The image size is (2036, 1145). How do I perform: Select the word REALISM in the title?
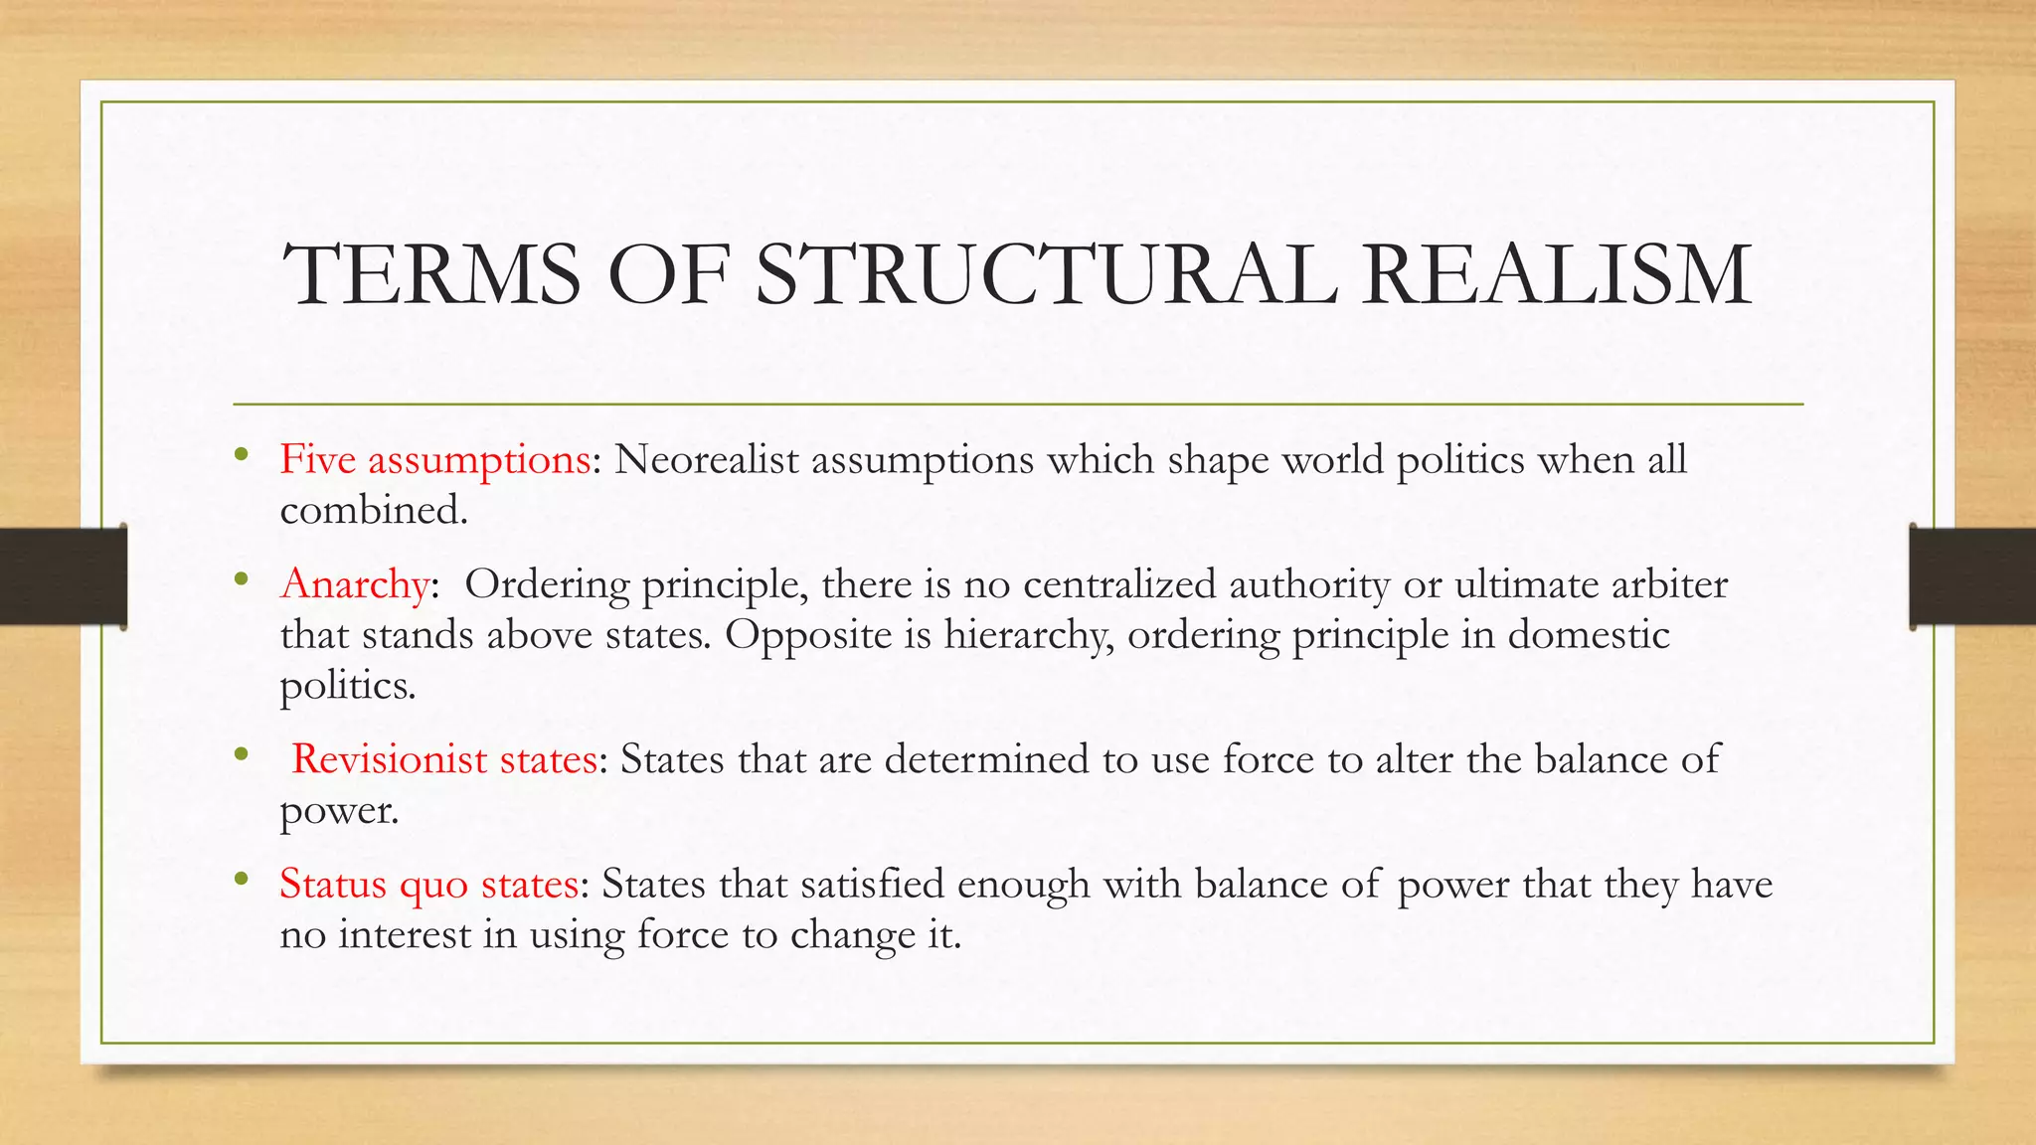coord(1557,274)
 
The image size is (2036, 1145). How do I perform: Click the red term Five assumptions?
coord(435,460)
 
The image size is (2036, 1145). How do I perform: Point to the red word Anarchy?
coord(355,584)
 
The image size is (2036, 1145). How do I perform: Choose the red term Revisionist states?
coord(443,760)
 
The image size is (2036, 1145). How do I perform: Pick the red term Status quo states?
coord(429,884)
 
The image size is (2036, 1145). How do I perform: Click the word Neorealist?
coord(706,460)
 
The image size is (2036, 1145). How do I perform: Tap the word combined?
coord(373,511)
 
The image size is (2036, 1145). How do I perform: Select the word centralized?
coord(1119,584)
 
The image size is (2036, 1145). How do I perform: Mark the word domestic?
coord(1588,635)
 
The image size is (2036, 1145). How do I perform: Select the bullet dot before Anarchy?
coord(241,580)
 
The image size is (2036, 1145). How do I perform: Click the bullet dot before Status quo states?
coord(241,879)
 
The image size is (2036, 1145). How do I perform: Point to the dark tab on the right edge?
coord(1972,576)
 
